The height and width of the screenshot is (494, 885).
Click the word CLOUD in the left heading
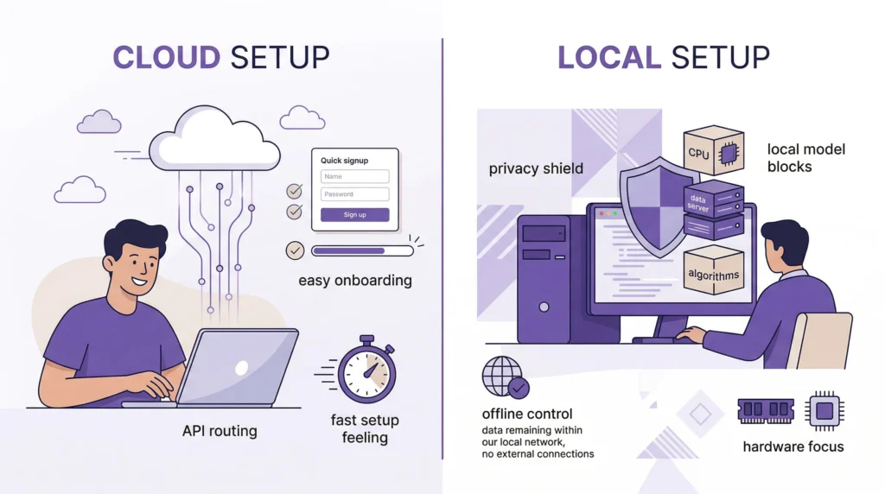pos(166,57)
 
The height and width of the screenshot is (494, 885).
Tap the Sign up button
pos(354,215)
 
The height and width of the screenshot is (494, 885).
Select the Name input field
pos(354,176)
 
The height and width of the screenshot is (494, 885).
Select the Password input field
pos(354,194)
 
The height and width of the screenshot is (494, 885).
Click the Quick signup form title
pos(344,160)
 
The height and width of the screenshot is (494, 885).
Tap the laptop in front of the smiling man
pos(238,367)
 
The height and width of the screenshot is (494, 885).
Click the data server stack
pos(713,211)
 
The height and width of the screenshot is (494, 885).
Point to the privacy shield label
pos(535,168)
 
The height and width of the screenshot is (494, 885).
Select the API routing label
pos(219,430)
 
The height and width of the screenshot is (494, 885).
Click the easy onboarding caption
pos(355,281)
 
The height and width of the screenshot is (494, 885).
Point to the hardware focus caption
pos(793,446)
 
